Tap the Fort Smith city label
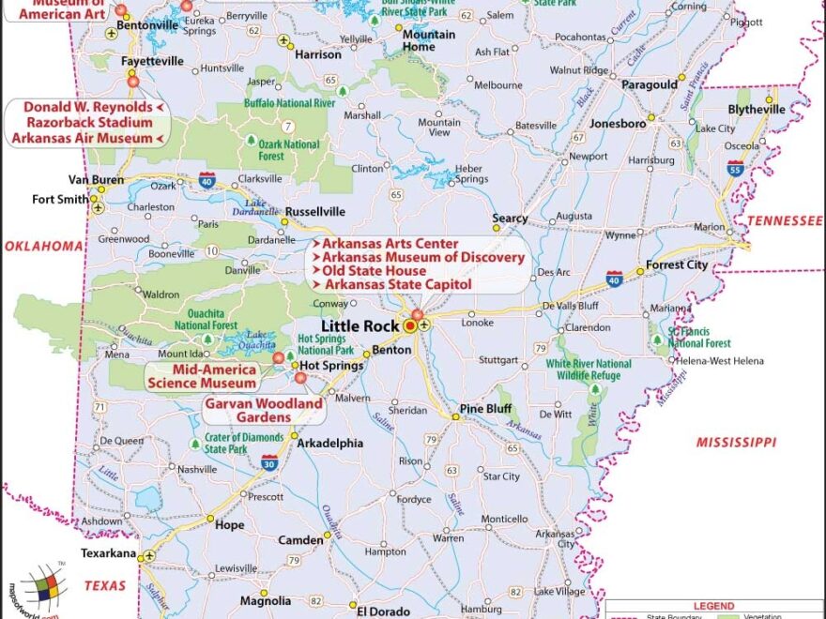tap(59, 199)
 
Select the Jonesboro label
tap(618, 123)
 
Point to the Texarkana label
tap(108, 553)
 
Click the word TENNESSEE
tap(785, 220)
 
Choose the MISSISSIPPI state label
tap(736, 442)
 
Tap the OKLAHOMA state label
tap(44, 246)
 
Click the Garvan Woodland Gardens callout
tap(264, 410)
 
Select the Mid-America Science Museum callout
tap(201, 376)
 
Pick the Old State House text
tap(373, 271)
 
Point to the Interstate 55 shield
tap(735, 167)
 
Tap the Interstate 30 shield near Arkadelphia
tap(269, 460)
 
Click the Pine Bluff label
tap(485, 409)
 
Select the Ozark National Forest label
tap(289, 150)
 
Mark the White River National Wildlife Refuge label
tap(589, 369)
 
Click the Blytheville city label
tap(757, 109)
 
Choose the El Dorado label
tap(382, 611)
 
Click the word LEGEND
tap(713, 607)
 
